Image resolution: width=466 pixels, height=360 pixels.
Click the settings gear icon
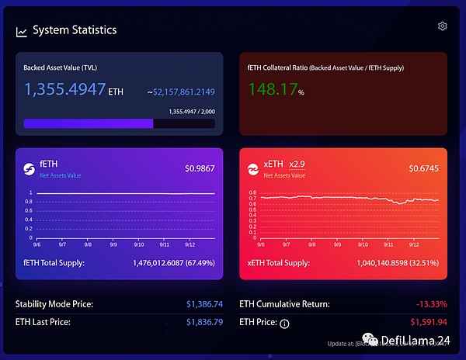pos(443,26)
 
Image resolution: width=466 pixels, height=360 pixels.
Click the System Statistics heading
pos(75,30)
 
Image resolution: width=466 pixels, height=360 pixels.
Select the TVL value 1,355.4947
pos(65,89)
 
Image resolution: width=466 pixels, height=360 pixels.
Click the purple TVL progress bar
pos(89,123)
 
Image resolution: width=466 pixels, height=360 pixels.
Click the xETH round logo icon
pos(252,168)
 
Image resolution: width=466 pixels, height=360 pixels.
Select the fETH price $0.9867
pos(200,168)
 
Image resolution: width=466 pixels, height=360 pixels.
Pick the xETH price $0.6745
pos(424,168)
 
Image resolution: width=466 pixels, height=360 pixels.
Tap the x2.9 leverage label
pos(297,164)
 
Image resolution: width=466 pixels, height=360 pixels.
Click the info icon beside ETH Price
pos(284,324)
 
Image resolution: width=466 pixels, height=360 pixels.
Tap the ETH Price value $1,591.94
pos(429,321)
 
